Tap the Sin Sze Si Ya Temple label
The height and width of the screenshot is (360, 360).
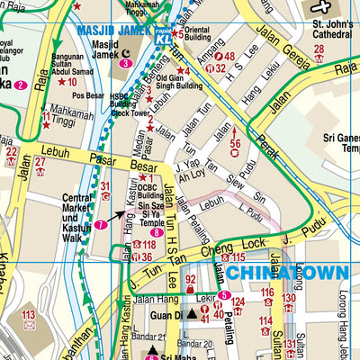tap(156, 211)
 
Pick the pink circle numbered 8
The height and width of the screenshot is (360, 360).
tap(157, 232)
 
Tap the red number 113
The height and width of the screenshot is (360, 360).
tap(28, 314)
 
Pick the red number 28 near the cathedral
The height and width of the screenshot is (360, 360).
tap(319, 49)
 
